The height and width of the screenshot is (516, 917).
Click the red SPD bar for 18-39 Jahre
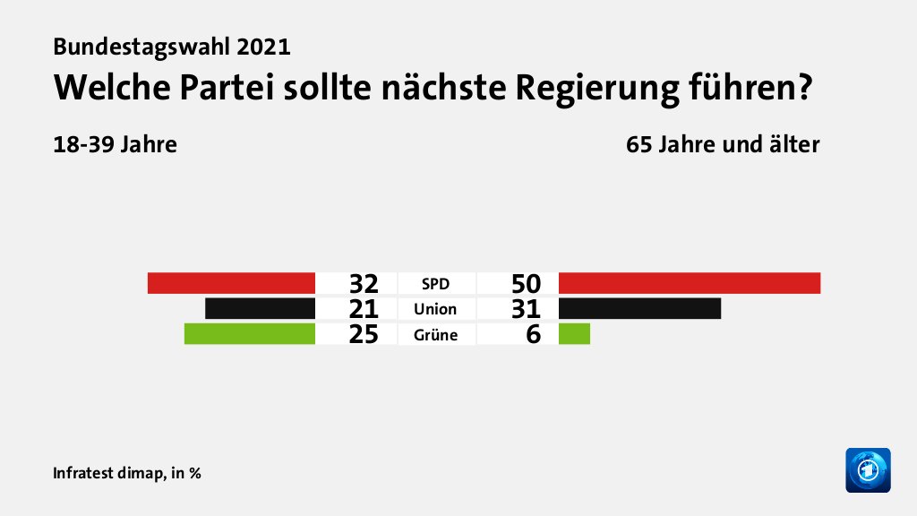231,283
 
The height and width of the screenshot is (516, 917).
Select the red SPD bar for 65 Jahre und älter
689,283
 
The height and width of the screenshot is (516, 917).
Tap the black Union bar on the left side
260,309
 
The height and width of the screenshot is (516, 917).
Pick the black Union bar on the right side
639,309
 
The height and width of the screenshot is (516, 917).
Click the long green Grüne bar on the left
249,335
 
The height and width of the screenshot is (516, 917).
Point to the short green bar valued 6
574,335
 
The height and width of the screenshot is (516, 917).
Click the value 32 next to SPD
364,284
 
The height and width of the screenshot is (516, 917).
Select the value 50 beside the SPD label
527,284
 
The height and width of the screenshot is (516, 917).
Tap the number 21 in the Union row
364,310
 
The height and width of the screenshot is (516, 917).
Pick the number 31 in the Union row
527,310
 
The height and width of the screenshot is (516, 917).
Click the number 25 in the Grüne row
364,336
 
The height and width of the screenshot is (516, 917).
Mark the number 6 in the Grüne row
534,336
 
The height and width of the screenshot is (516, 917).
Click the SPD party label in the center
435,284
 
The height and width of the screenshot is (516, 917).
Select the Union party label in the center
435,310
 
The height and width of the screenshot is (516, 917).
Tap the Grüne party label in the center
435,336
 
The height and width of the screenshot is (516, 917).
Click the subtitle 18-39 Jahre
115,144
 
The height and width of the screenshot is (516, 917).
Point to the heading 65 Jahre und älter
723,144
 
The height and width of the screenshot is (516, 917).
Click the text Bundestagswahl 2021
172,46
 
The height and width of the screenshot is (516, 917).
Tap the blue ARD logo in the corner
868,469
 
